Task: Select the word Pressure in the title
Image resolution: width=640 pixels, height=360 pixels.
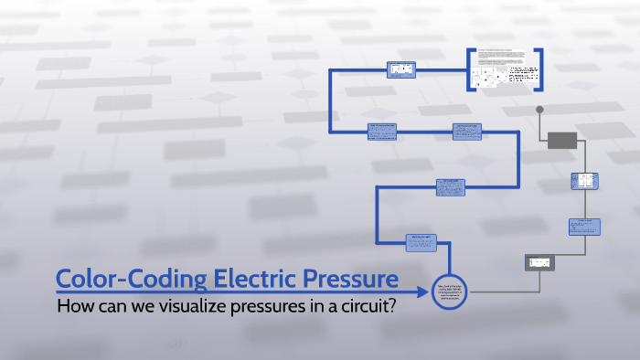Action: (346, 278)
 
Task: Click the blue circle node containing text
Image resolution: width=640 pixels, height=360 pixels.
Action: (448, 293)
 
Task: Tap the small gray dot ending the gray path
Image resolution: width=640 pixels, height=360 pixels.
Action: (539, 111)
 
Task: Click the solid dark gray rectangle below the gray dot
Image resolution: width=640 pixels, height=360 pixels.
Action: (561, 139)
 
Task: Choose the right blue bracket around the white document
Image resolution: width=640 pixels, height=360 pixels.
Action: (540, 69)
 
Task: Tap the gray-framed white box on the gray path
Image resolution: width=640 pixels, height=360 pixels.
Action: (539, 262)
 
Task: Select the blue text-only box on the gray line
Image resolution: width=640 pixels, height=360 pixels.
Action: (583, 226)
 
